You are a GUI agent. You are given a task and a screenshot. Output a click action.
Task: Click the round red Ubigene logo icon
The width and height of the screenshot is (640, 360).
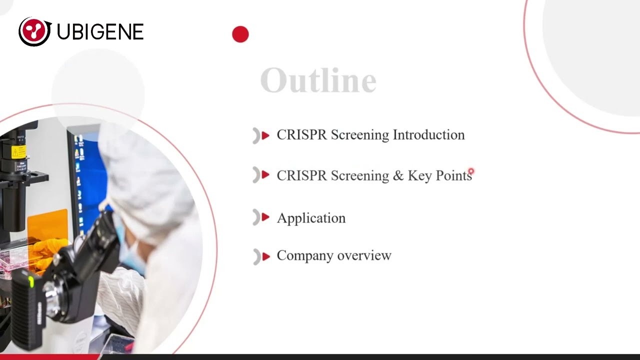click(x=34, y=31)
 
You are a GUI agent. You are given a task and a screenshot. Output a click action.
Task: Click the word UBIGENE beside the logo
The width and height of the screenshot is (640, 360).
click(x=100, y=32)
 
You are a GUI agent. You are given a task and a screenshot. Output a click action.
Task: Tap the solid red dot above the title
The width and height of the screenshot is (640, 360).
click(x=240, y=34)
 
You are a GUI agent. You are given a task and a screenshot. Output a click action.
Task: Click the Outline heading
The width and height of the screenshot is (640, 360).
click(x=318, y=80)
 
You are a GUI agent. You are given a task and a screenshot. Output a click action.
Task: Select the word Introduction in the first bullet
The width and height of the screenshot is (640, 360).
click(x=428, y=135)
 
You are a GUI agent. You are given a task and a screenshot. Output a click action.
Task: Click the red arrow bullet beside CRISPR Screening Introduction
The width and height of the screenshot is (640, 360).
click(x=265, y=135)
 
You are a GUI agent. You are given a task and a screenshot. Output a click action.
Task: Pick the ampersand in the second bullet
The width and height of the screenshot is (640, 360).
click(x=398, y=175)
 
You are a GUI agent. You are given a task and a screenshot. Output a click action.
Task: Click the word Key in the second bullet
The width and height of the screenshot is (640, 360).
click(x=419, y=175)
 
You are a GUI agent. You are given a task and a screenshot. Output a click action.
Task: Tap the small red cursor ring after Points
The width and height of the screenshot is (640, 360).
click(x=471, y=171)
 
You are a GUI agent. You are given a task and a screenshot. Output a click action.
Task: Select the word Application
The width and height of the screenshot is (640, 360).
click(x=311, y=218)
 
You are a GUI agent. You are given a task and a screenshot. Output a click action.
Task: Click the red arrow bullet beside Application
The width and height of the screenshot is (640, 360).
click(x=265, y=217)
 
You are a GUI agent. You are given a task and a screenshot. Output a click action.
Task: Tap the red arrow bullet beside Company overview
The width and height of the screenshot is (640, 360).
click(x=265, y=256)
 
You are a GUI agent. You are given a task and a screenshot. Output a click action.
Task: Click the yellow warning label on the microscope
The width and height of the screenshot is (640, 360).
click(x=18, y=151)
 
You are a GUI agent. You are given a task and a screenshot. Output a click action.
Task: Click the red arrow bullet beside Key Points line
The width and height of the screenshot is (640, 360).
click(x=265, y=175)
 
